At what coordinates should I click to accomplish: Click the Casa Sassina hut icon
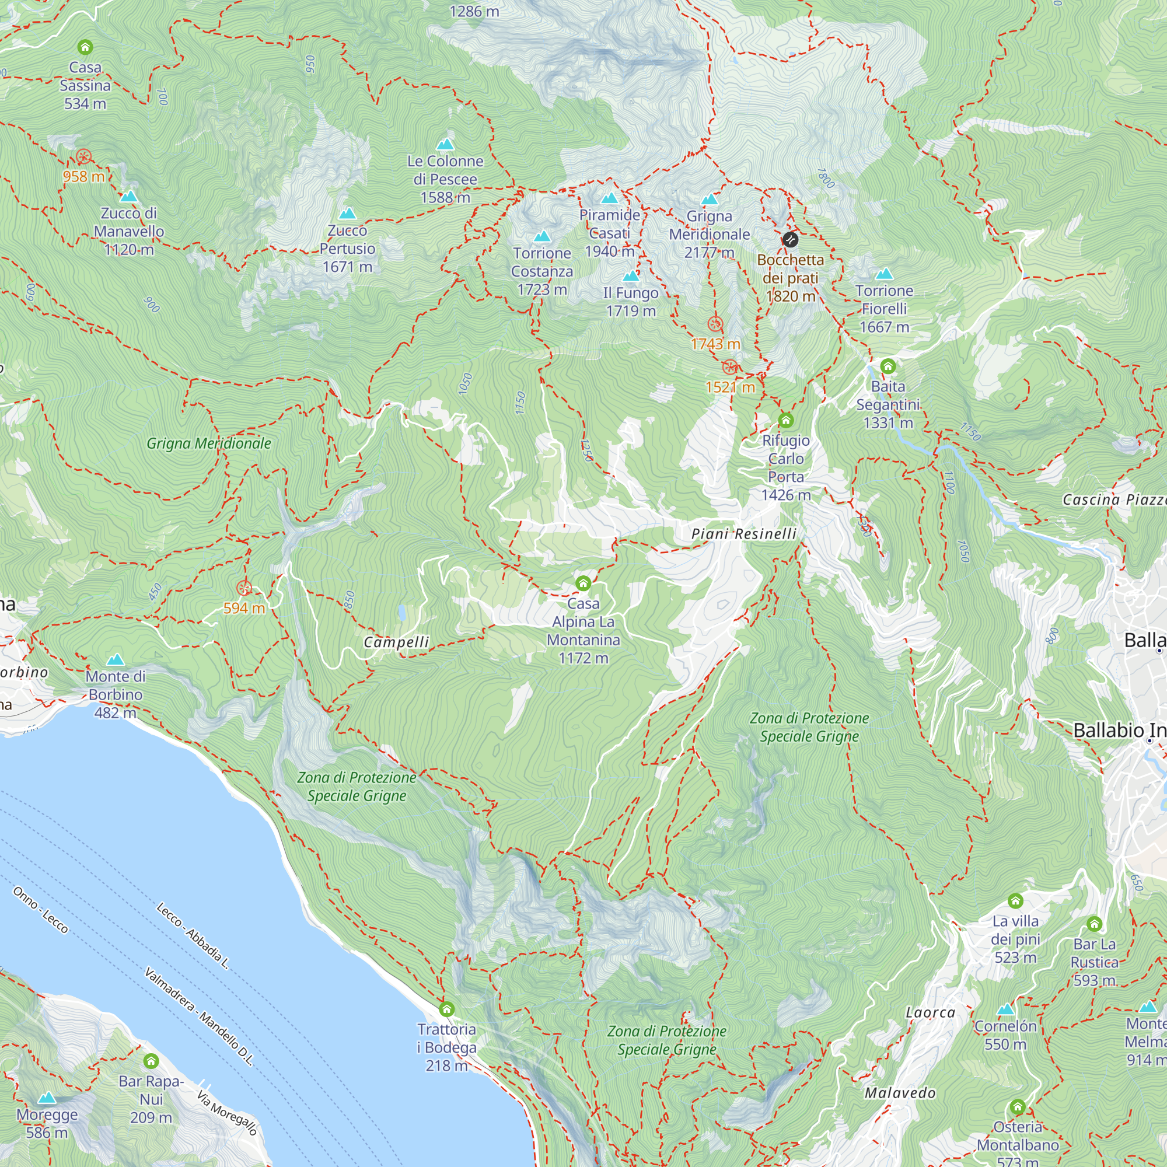[x=85, y=47]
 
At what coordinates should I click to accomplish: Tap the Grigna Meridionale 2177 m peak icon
[x=709, y=199]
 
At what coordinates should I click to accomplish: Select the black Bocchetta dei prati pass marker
[x=790, y=240]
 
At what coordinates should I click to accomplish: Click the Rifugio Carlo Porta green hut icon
[x=785, y=420]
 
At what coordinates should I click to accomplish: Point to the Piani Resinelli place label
[x=743, y=534]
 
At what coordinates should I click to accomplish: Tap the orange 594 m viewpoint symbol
[x=244, y=588]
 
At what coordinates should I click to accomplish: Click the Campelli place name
[x=396, y=642]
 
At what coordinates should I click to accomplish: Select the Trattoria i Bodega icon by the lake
[x=446, y=1009]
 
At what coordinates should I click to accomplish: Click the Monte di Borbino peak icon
[x=115, y=659]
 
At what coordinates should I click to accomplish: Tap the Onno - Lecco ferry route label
[x=40, y=910]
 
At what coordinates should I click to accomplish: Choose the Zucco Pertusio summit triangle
[x=347, y=213]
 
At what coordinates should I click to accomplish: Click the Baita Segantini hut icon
[x=888, y=366]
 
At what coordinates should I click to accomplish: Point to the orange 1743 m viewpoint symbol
[x=715, y=324]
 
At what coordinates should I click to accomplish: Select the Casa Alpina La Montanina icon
[x=583, y=583]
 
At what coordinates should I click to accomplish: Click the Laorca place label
[x=930, y=1013]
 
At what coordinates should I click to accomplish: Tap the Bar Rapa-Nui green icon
[x=151, y=1061]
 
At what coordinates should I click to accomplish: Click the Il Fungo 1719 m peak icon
[x=631, y=276]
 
